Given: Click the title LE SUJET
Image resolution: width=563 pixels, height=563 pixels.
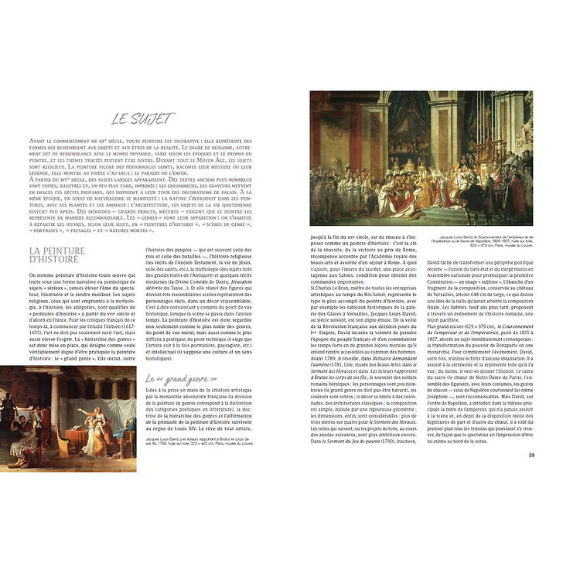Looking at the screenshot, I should click(143, 118).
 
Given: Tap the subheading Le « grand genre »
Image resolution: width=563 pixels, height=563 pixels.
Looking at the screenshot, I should click(175, 379).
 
